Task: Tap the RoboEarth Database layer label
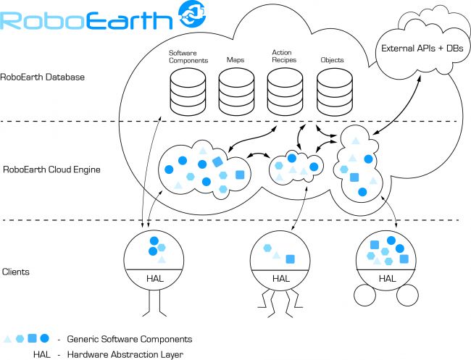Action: pyautogui.click(x=42, y=76)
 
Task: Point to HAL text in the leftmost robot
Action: pyautogui.click(x=154, y=278)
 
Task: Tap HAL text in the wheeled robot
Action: pyautogui.click(x=387, y=278)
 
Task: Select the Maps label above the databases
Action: pyautogui.click(x=236, y=60)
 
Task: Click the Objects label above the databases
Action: pyautogui.click(x=332, y=60)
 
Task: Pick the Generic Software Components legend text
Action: pyautogui.click(x=129, y=338)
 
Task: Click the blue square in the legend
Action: pyautogui.click(x=33, y=338)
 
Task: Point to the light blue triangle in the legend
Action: pyautogui.click(x=8, y=339)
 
